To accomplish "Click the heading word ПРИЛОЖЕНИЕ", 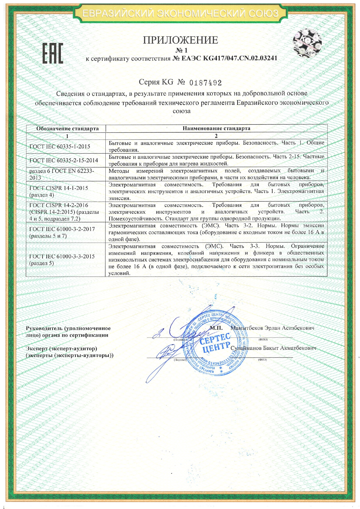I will coord(180,40).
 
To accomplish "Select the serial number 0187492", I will coord(206,83).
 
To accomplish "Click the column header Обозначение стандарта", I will coord(67,129).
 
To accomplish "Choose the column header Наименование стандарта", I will coord(216,128).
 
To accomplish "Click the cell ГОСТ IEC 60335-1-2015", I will coord(60,147).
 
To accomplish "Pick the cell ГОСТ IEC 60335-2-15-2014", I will coord(64,160).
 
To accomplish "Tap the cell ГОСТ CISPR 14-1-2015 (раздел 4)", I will coord(59,191).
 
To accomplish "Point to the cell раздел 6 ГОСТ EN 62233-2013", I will coord(62,174).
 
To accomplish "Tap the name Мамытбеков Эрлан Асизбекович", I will coord(272,328).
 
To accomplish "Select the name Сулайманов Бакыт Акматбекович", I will coord(273,348).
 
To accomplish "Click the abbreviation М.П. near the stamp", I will coord(216,328).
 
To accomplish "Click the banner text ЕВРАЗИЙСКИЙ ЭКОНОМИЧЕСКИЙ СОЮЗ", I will coord(180,13).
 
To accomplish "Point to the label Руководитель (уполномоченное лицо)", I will coord(68,332).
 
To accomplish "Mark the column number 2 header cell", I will coord(216,136).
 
